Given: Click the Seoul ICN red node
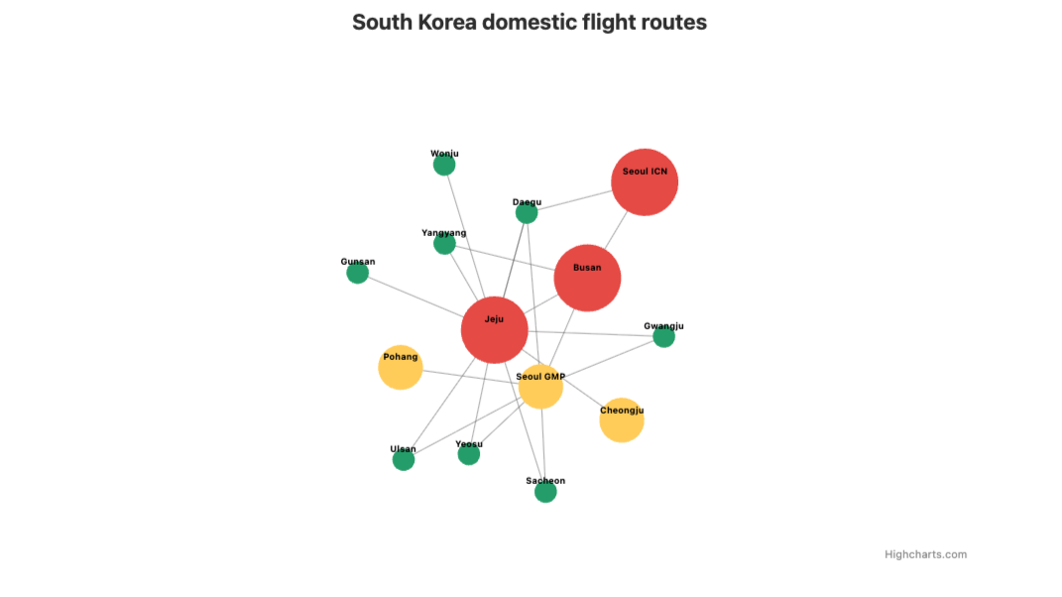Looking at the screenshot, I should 645,182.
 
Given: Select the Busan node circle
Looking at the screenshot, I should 587,279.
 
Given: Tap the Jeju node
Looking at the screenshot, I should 494,330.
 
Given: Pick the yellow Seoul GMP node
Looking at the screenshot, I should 541,387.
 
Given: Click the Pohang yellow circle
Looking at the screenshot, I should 401,368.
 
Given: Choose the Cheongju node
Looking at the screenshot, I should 622,420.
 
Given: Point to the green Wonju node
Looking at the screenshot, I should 444,165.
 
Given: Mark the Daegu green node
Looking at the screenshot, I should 527,213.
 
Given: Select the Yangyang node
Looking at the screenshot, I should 444,244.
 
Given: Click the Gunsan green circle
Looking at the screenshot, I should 358,273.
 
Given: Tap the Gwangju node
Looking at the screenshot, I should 664,337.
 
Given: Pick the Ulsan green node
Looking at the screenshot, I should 404,460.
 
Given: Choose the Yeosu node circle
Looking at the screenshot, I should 469,454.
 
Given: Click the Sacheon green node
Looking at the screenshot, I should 545,492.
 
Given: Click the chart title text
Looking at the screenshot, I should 530,22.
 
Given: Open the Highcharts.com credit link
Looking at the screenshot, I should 925,554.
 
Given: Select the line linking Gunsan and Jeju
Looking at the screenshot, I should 416,298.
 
